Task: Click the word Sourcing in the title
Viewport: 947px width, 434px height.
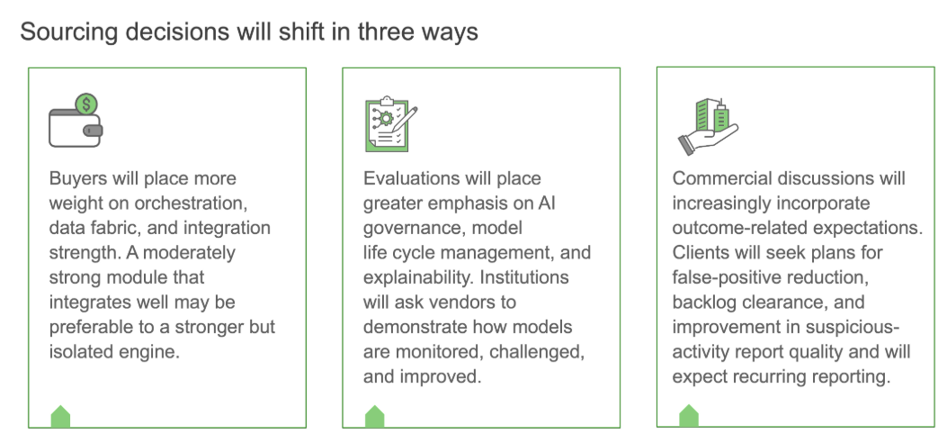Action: (69, 32)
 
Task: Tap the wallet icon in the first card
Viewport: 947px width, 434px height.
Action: (76, 126)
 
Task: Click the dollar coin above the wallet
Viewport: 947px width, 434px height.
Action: (86, 104)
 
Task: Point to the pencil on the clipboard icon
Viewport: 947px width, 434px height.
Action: (405, 119)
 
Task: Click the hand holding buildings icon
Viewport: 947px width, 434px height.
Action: (709, 126)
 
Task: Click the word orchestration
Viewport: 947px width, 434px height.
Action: (191, 203)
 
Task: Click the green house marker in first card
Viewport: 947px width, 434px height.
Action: (60, 417)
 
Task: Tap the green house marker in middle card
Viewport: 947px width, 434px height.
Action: (374, 417)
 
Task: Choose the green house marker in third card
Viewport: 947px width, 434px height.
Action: (689, 417)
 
